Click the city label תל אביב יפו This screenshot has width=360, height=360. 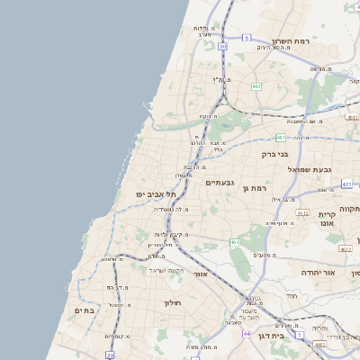coord(156,193)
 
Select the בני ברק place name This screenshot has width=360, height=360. coord(275,154)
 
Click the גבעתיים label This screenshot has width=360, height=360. coord(220,183)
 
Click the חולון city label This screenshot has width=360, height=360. coord(173,303)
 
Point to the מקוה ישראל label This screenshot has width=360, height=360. coord(166,270)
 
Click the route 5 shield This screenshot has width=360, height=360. coord(272,38)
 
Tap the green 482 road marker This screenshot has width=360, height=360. coord(256,86)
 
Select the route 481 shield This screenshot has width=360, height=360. coord(281,137)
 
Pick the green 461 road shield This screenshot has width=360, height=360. coord(235,242)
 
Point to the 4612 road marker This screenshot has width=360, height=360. coord(302,213)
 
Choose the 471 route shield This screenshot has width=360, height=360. coord(346,184)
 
